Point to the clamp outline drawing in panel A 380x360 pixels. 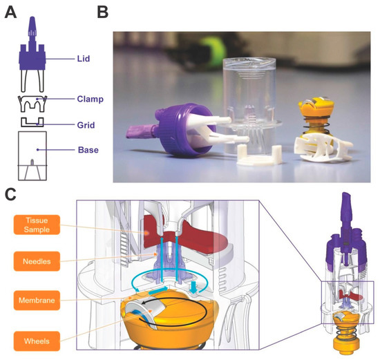click(x=32, y=104)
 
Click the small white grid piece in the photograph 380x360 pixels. click(x=251, y=156)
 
